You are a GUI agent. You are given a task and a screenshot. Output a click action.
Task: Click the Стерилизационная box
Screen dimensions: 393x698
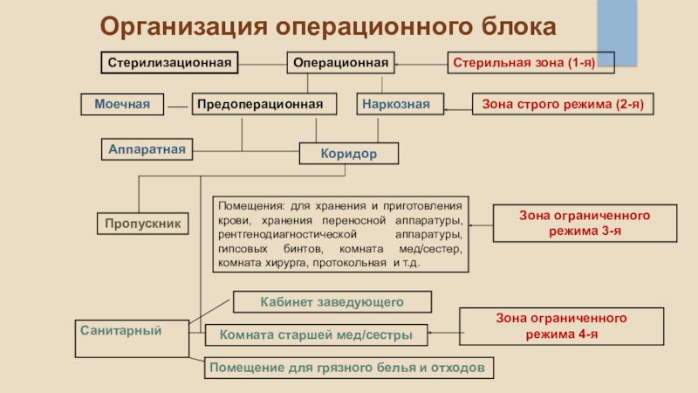[x=169, y=63]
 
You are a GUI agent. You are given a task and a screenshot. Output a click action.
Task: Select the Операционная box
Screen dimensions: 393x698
[x=341, y=63]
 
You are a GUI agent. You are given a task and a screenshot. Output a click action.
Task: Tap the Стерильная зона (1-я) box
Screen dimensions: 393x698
[x=532, y=63]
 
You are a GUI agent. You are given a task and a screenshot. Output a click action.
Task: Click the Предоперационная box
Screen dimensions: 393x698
[x=265, y=105]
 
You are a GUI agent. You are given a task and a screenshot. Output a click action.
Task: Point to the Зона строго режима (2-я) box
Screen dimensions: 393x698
[x=563, y=105]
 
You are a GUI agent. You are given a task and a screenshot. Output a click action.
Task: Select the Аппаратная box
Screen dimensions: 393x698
[x=147, y=149]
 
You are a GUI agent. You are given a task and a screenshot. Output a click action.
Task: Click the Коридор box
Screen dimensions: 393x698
[x=348, y=154]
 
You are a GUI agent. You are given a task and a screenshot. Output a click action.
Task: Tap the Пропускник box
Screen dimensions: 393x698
[x=142, y=224]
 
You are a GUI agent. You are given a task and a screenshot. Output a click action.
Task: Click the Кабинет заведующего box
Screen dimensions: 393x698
[x=332, y=302]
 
